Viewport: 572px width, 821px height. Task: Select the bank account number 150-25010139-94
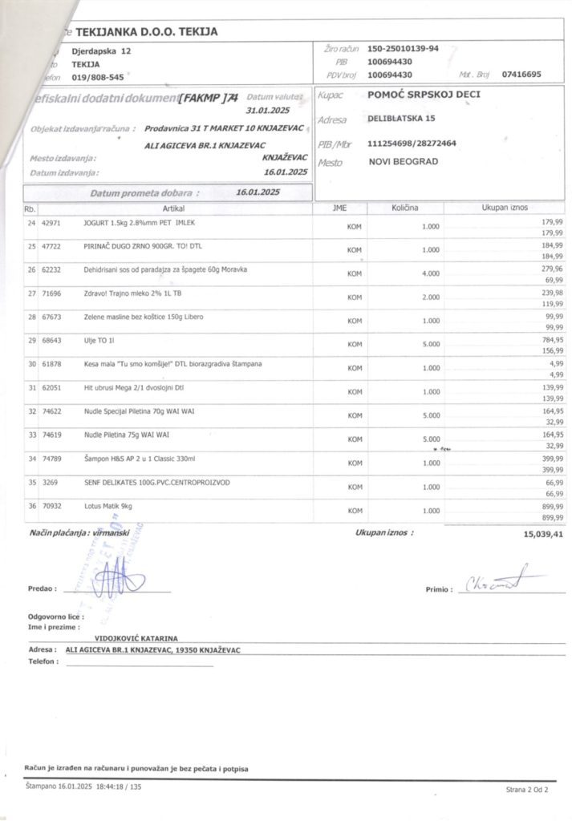[x=403, y=49]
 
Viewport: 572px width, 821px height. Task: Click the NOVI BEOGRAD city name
[x=404, y=162]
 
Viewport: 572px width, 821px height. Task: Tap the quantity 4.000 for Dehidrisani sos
[x=431, y=273]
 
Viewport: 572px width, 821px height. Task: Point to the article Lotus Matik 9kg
[x=109, y=507]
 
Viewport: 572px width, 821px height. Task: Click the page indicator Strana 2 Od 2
[x=526, y=790]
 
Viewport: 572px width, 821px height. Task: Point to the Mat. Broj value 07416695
[x=521, y=75]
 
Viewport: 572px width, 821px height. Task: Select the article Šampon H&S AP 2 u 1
[x=140, y=459]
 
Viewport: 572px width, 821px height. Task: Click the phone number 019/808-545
[x=98, y=78]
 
